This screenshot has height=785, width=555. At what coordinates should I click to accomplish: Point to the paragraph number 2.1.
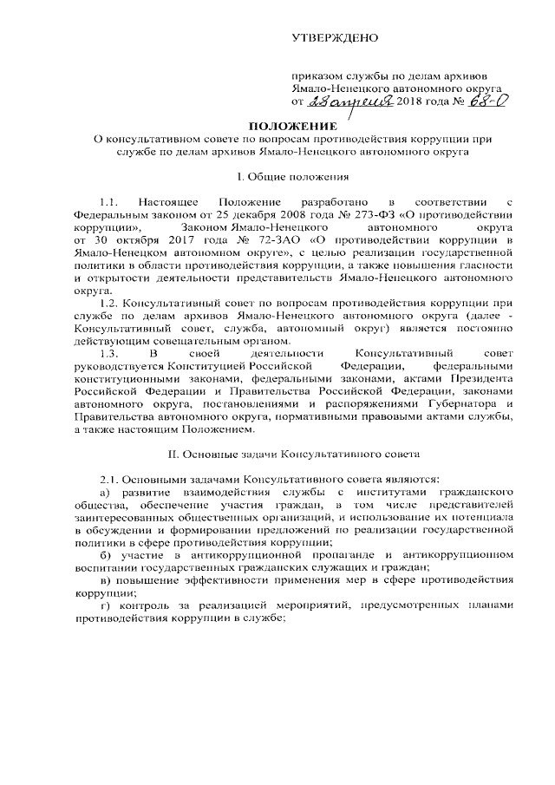(x=113, y=480)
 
